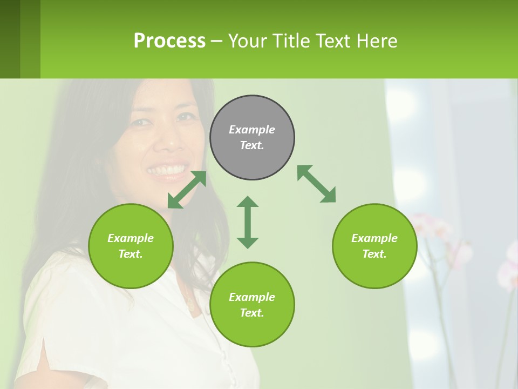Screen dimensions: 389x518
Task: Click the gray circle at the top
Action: [x=252, y=138]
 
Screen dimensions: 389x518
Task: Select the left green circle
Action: [x=131, y=246]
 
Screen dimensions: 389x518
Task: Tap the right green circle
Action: [x=374, y=246]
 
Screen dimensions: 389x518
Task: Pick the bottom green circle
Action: [x=252, y=305]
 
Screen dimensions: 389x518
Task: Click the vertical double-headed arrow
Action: [x=248, y=222]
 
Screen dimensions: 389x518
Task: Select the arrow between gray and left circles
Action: [x=187, y=190]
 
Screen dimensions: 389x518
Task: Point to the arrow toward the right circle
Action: [x=317, y=184]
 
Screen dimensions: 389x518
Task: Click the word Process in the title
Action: [x=169, y=41]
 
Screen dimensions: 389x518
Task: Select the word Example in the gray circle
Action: [x=252, y=130]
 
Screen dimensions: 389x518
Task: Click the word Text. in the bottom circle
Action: [x=252, y=313]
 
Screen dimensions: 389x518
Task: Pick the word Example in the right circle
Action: [x=374, y=238]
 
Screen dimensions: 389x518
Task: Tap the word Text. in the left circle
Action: [x=131, y=254]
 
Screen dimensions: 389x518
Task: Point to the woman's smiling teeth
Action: [x=167, y=171]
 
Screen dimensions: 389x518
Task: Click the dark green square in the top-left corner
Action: [x=10, y=39]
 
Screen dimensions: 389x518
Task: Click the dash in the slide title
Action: [x=216, y=42]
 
